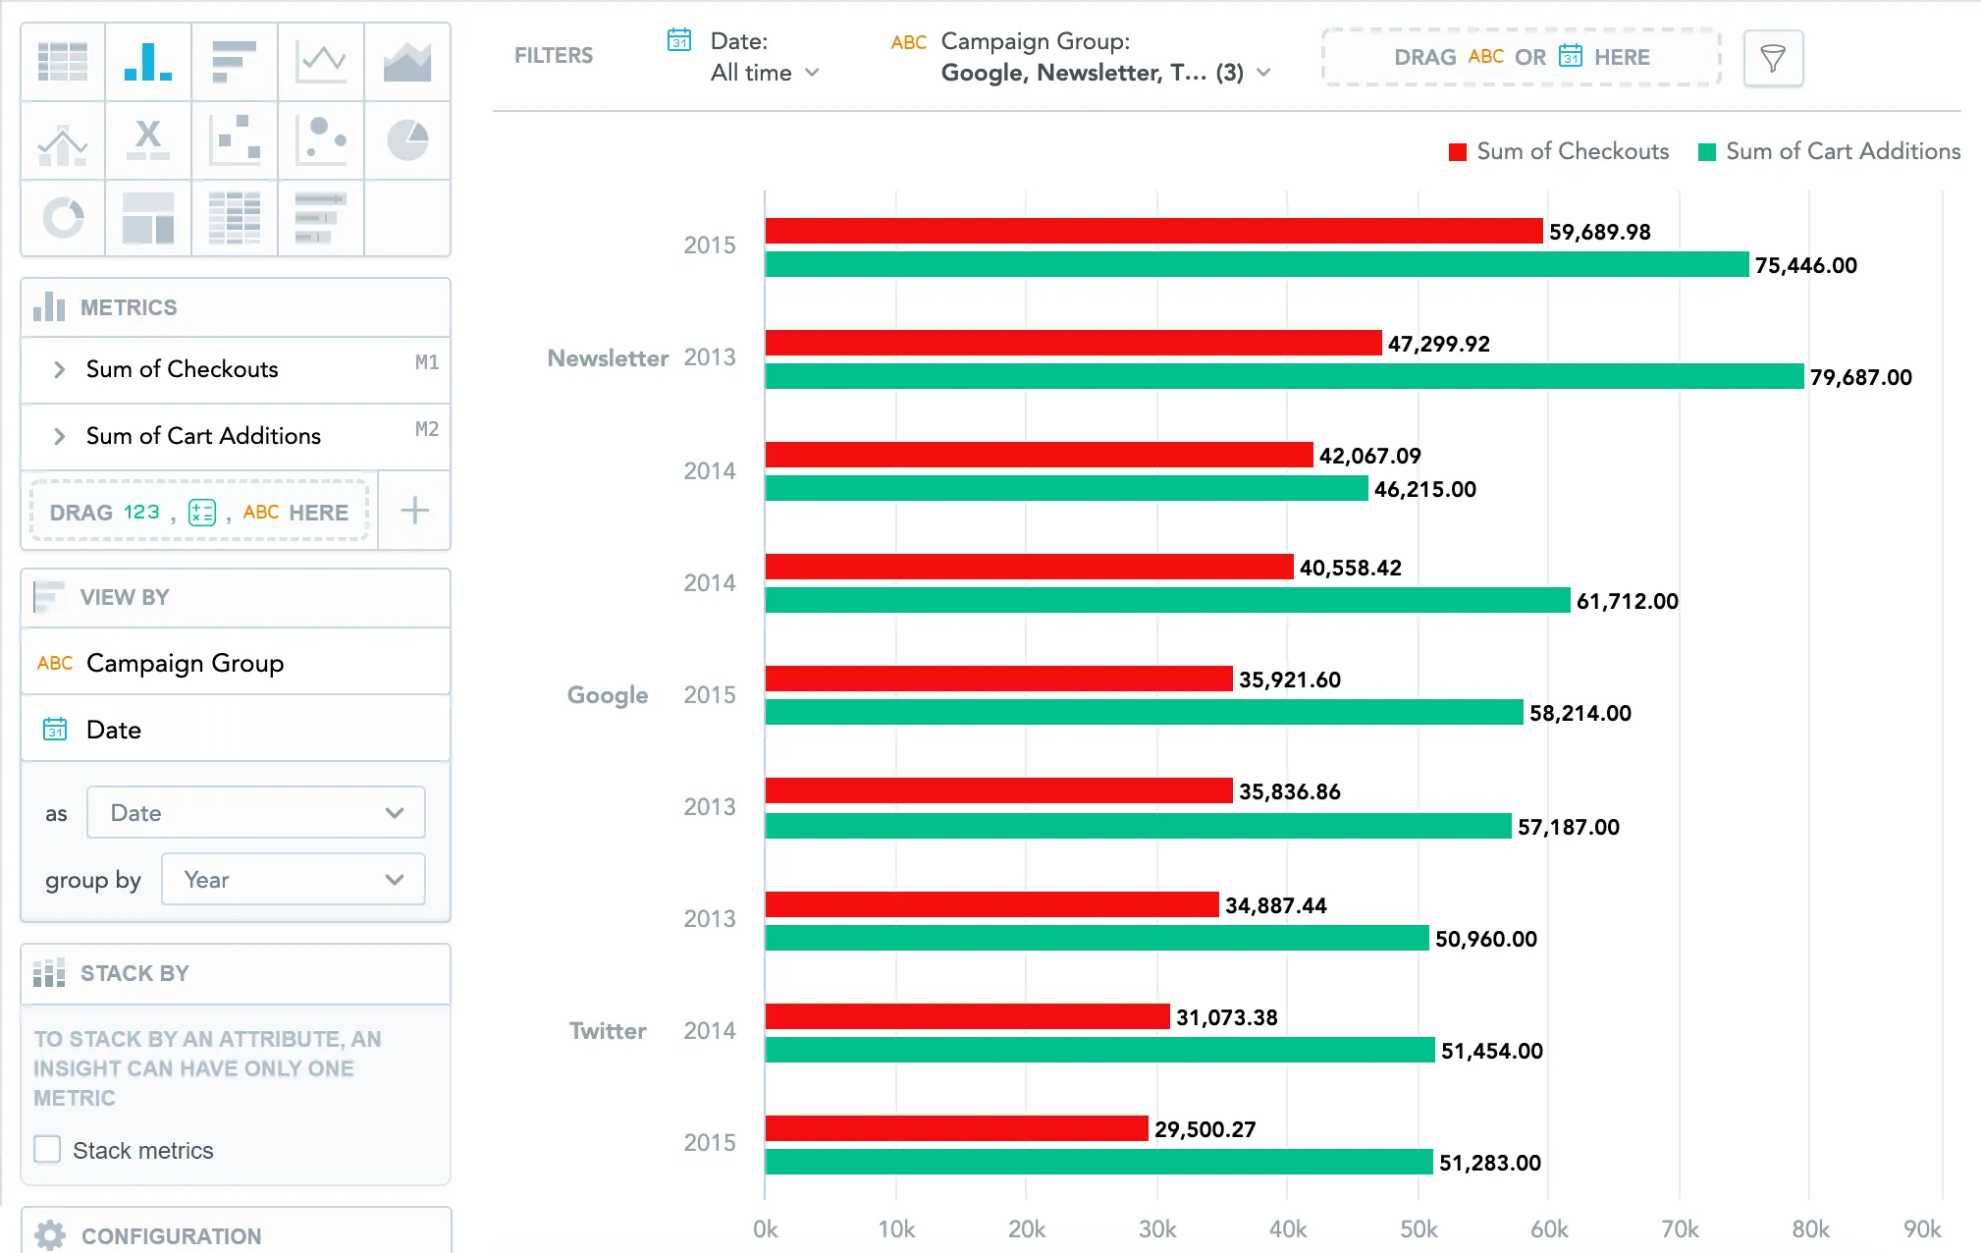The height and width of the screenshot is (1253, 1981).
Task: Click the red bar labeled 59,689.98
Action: [x=1153, y=231]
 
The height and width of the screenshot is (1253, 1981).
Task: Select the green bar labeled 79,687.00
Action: [x=1284, y=376]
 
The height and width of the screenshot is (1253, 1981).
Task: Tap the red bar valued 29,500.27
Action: [x=956, y=1128]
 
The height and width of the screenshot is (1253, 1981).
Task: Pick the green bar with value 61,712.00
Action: [x=1167, y=600]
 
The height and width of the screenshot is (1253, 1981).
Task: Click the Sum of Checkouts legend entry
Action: [x=1559, y=151]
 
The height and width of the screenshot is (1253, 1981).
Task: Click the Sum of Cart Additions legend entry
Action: [x=1830, y=151]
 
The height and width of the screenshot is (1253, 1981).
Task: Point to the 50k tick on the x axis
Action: [x=1419, y=1229]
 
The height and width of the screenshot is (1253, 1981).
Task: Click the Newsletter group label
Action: [x=608, y=358]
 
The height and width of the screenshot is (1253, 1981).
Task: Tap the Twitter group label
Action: [x=608, y=1031]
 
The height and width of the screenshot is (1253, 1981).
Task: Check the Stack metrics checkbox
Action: [x=47, y=1150]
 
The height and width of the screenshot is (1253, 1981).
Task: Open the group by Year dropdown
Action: [x=293, y=880]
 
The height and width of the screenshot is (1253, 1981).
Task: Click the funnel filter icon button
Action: [x=1773, y=59]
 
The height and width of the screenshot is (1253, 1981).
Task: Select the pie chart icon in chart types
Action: [x=407, y=140]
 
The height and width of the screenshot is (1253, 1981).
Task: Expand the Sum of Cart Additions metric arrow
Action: [x=60, y=436]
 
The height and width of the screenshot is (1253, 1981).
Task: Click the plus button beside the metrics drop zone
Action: [x=414, y=511]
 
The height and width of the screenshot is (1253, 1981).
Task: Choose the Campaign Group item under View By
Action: [x=185, y=663]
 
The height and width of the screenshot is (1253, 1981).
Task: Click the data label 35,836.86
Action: [x=1289, y=791]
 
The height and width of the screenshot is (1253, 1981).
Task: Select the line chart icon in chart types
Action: [x=321, y=62]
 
